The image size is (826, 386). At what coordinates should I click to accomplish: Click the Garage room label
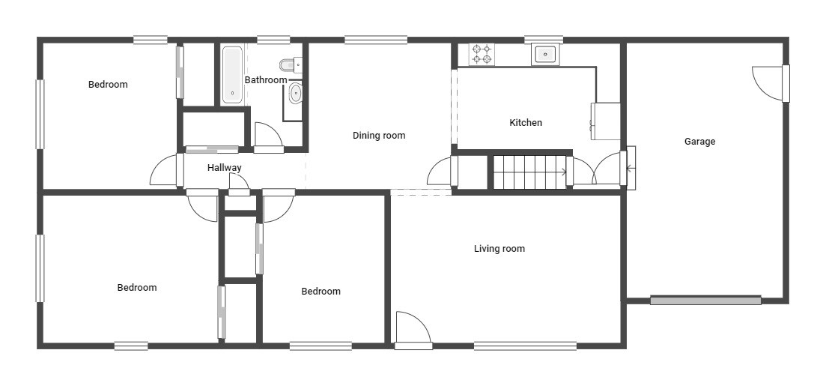(x=699, y=142)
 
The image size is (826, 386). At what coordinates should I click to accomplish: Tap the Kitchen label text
(x=526, y=123)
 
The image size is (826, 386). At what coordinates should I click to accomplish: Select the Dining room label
(x=379, y=136)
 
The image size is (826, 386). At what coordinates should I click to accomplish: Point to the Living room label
(x=499, y=249)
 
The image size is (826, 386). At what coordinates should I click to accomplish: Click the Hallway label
(x=225, y=168)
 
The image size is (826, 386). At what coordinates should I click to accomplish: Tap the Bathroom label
(x=266, y=80)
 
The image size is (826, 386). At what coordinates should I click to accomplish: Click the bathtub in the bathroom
(x=232, y=75)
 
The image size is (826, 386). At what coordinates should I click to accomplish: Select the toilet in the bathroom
(x=289, y=64)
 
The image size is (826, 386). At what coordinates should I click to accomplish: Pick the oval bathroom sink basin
(x=296, y=94)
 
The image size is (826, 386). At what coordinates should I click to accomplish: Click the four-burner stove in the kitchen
(x=482, y=55)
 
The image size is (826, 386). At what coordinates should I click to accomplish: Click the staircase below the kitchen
(x=529, y=172)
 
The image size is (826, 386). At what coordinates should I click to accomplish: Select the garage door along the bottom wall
(x=705, y=301)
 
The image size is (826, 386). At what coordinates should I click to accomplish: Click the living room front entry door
(x=413, y=330)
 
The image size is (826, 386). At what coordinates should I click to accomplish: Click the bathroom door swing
(x=268, y=136)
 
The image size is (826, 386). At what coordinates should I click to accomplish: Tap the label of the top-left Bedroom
(x=108, y=85)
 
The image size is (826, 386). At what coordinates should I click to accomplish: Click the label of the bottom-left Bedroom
(x=137, y=288)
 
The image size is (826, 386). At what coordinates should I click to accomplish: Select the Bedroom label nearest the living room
(x=321, y=292)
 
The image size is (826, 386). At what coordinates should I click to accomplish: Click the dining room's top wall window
(x=376, y=40)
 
